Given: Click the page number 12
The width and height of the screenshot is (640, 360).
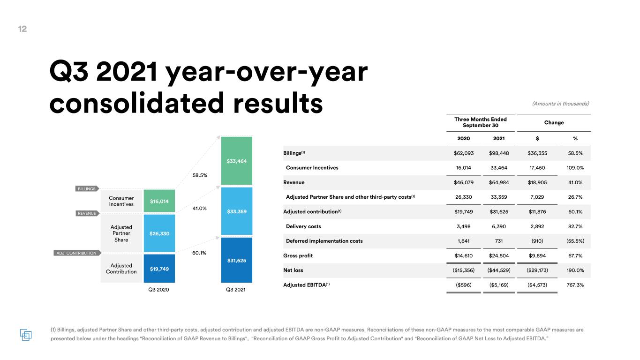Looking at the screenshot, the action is point(23,29).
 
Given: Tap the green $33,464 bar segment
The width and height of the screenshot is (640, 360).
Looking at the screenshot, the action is point(237,161).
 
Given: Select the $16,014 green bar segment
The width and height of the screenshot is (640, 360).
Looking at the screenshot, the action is point(159,201).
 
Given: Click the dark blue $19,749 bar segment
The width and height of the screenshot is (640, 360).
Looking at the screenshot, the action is point(159,268).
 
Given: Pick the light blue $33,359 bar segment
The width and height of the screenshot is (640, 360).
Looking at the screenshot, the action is point(237,211).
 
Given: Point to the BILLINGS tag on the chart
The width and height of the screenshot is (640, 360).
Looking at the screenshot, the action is point(87,188).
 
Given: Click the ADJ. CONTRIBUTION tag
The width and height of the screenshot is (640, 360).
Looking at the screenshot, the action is point(77,253).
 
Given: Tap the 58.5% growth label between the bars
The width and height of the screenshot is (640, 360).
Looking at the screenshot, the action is point(200,175).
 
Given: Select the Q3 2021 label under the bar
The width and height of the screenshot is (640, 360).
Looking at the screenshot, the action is point(236,289).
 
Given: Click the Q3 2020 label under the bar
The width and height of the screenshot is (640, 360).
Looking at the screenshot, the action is point(158,289).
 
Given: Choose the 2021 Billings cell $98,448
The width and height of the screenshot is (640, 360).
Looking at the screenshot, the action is point(499,153).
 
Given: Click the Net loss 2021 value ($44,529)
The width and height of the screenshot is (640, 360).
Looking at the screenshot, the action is point(499,270).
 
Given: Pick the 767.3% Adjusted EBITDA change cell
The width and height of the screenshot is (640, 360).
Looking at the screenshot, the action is point(575,285).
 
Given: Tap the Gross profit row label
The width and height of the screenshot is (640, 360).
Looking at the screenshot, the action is point(298,256).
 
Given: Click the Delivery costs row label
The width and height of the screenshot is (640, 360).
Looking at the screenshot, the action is point(303,226).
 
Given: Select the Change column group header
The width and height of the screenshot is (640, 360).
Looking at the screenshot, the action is point(554,122).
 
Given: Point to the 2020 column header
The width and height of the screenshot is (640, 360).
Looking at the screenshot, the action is point(463,139).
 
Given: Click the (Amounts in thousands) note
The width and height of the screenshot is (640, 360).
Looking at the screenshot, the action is point(561,104).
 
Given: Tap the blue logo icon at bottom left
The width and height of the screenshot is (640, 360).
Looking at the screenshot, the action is point(26,335).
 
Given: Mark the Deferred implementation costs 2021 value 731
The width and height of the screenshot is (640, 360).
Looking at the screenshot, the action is point(499,241).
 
